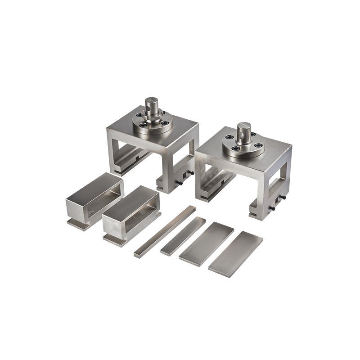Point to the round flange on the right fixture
click(243, 148)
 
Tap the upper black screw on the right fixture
click(284, 198)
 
